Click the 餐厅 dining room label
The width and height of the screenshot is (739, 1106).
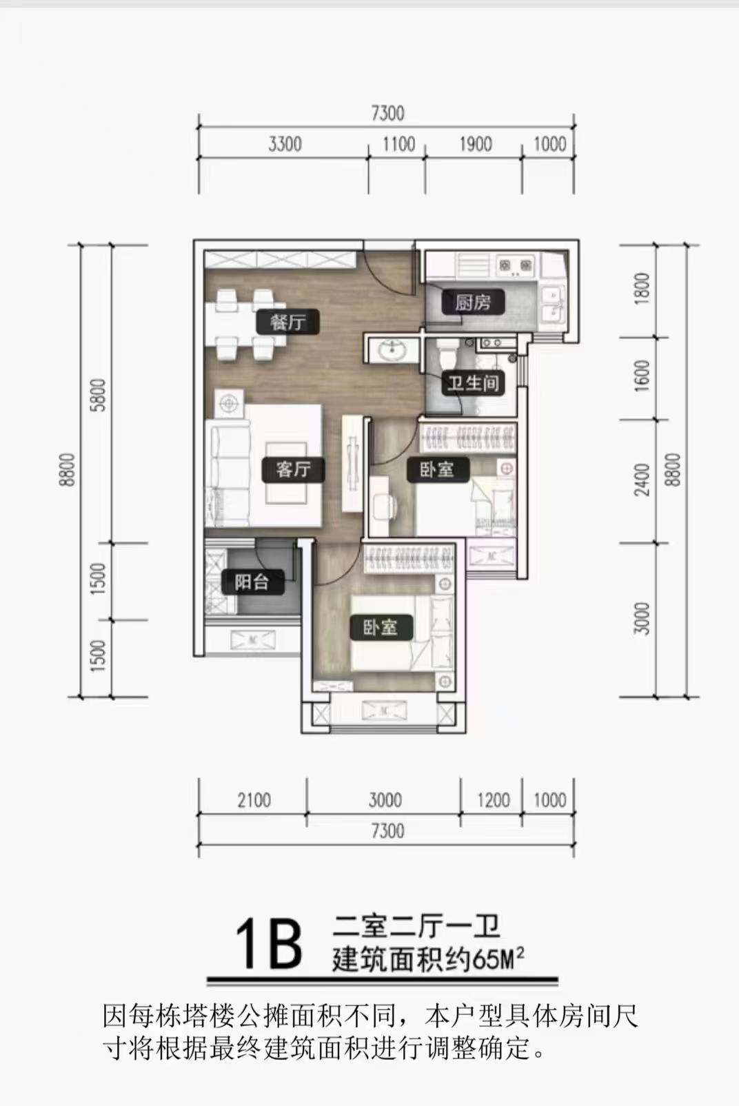tap(287, 322)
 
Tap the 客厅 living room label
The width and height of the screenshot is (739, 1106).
tap(293, 469)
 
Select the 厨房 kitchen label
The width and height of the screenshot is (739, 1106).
tap(473, 302)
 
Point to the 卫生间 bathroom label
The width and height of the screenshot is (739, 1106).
tap(472, 382)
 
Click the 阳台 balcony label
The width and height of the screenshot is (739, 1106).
tap(252, 582)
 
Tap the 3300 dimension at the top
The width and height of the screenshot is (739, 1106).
tap(285, 144)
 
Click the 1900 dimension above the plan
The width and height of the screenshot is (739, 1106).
tap(475, 144)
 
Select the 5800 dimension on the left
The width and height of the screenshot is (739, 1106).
tap(99, 395)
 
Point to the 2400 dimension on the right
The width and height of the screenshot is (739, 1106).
tap(642, 480)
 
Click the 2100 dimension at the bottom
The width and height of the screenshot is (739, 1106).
tap(254, 800)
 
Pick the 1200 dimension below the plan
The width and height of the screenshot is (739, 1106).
tap(494, 800)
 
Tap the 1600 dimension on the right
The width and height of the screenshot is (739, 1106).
tap(642, 376)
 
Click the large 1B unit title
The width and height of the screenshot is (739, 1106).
tap(269, 943)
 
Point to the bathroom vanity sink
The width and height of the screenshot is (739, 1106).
tap(392, 350)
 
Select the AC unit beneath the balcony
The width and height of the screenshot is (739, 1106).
tap(252, 641)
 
